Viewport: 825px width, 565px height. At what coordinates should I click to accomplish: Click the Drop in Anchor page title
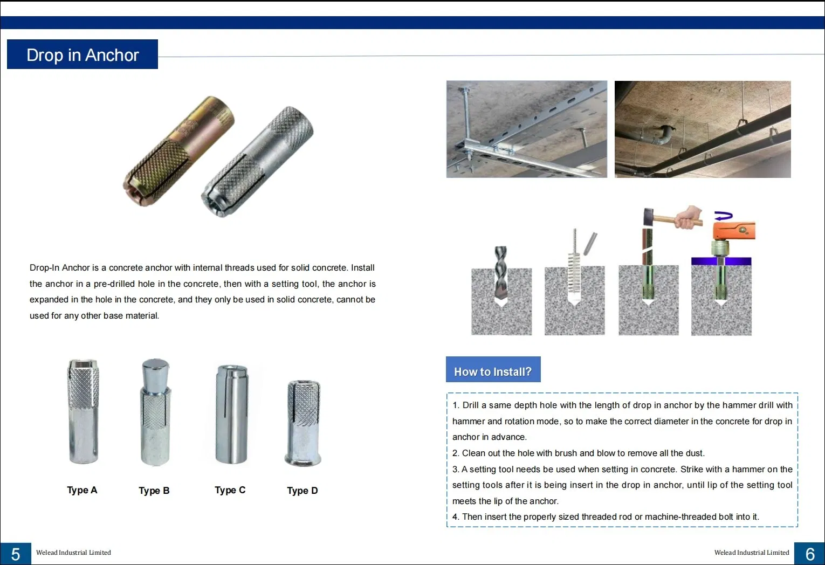point(82,55)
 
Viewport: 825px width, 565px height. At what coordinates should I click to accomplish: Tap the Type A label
point(82,490)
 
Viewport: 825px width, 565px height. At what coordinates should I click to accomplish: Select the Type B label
point(154,491)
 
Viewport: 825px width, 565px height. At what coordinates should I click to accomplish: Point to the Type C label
point(230,490)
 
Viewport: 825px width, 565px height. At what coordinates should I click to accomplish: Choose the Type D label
point(302,491)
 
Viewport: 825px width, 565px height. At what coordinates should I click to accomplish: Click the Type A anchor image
point(83,411)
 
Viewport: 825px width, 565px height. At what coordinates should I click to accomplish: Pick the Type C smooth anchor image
point(231,414)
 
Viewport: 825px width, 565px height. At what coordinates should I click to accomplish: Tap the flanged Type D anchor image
point(304,423)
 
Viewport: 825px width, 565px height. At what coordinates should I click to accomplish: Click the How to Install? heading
point(493,371)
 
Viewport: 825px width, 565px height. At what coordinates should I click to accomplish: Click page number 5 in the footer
point(16,554)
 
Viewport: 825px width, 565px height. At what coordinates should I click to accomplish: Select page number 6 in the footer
point(809,554)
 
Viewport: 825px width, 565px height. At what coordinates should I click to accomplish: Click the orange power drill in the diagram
point(733,231)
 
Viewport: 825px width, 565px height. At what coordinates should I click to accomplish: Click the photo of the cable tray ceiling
point(526,129)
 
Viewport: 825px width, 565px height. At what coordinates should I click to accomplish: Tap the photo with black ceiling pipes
point(703,129)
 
